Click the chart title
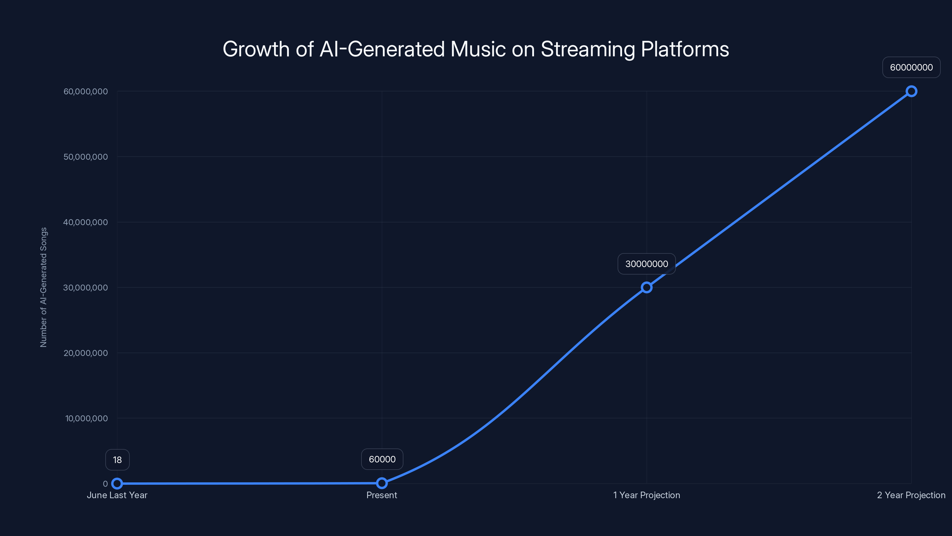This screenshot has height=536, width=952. (x=476, y=49)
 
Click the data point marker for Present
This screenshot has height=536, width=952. (x=382, y=483)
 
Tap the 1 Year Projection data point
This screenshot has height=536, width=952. (x=646, y=287)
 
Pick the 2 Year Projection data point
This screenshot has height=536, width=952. (x=911, y=91)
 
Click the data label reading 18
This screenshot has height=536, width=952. (x=117, y=460)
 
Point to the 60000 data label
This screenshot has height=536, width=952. (x=382, y=459)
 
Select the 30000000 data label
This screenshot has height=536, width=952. (x=646, y=264)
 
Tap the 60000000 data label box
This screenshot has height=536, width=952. (x=911, y=67)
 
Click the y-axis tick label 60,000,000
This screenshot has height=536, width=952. (x=86, y=91)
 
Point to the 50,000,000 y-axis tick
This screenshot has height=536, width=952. (x=86, y=157)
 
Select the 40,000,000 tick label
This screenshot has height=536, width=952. (x=86, y=222)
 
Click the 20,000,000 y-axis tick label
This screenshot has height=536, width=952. (x=86, y=353)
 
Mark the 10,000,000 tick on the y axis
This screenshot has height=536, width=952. (x=87, y=418)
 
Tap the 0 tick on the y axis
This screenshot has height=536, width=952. (x=105, y=484)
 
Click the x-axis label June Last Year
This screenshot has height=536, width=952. (x=117, y=495)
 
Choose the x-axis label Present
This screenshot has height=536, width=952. (x=382, y=495)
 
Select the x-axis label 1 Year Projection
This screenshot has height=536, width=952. (x=646, y=495)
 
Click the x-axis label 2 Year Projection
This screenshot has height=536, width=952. (x=911, y=495)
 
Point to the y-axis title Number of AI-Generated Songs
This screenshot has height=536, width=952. (x=44, y=287)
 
